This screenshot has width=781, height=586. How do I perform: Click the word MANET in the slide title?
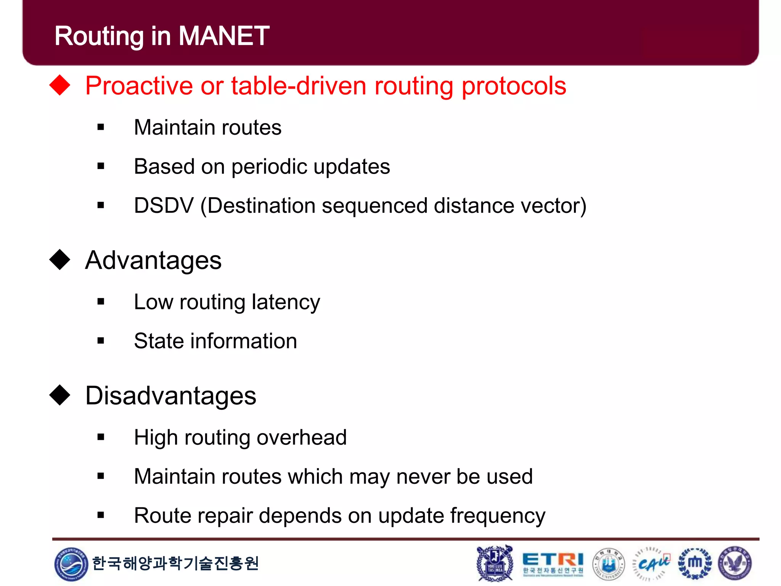(224, 36)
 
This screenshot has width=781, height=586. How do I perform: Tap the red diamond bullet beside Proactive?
(60, 85)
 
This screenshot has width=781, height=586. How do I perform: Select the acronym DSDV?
(164, 206)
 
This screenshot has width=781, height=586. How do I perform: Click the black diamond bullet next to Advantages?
(60, 260)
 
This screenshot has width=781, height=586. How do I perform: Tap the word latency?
(286, 302)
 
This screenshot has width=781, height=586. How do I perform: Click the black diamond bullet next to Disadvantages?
(60, 395)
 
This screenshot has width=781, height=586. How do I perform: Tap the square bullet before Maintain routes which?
(101, 476)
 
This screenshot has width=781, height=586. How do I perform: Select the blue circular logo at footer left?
(71, 564)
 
